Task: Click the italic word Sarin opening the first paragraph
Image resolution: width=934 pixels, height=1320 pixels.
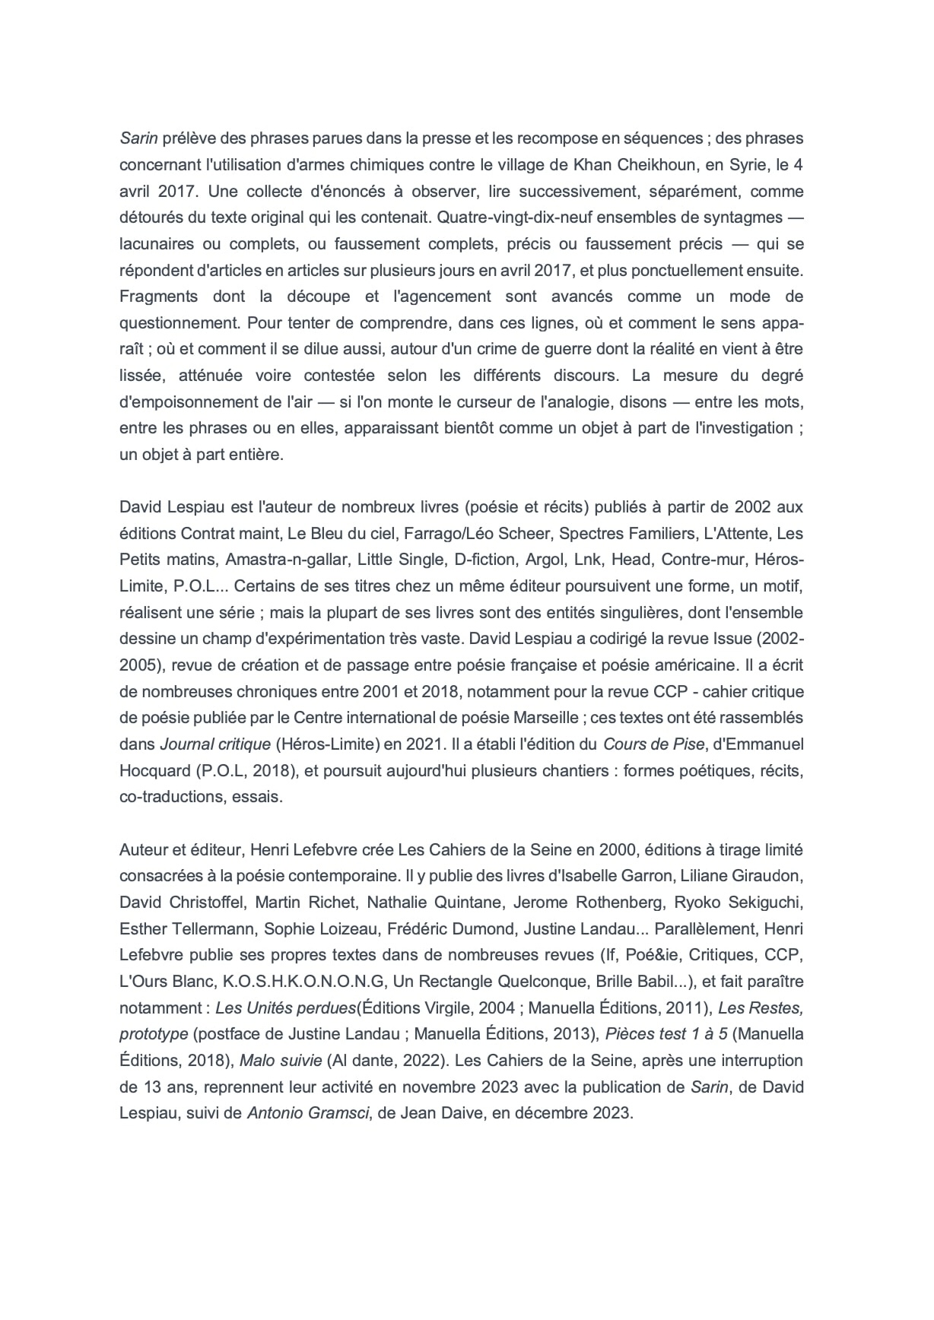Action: click(x=138, y=138)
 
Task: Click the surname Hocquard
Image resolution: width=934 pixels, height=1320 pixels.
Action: click(x=153, y=770)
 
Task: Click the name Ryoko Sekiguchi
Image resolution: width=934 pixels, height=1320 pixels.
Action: click(x=746, y=903)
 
